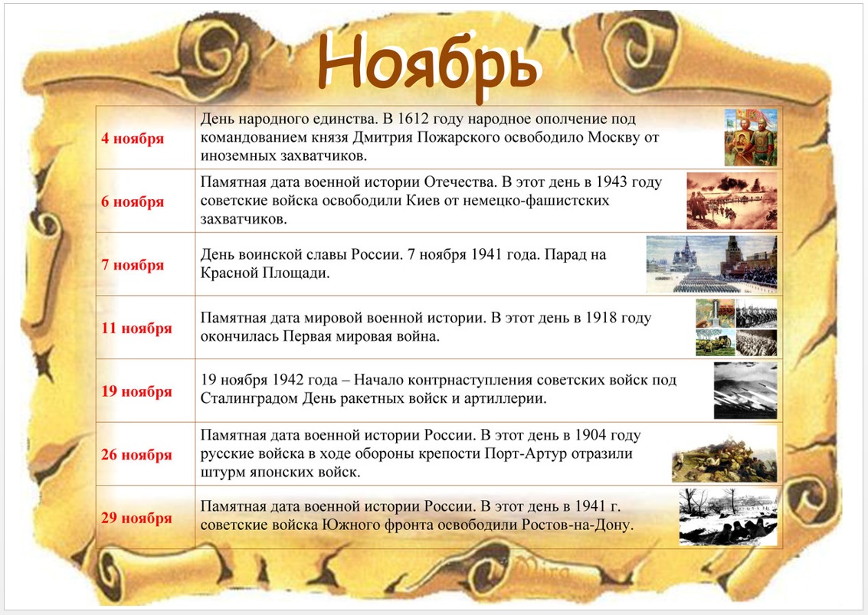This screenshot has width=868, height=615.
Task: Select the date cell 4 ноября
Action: (x=133, y=139)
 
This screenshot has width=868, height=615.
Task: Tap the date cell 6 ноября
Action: (x=133, y=201)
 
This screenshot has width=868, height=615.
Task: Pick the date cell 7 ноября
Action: (x=133, y=264)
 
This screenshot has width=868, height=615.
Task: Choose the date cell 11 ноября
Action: (x=136, y=329)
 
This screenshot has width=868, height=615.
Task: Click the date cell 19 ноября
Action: (x=136, y=391)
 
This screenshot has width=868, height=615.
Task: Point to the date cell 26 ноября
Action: (x=136, y=454)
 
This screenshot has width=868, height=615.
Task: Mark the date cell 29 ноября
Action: (x=136, y=518)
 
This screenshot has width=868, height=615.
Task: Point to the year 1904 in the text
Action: (x=591, y=435)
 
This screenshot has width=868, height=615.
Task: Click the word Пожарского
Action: (x=500, y=137)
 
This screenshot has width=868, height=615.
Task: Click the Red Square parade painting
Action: (x=712, y=264)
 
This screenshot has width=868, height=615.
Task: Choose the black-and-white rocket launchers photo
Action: (x=745, y=391)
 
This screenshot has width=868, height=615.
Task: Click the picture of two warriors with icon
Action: (x=751, y=137)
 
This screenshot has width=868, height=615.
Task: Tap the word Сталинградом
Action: (x=249, y=398)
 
